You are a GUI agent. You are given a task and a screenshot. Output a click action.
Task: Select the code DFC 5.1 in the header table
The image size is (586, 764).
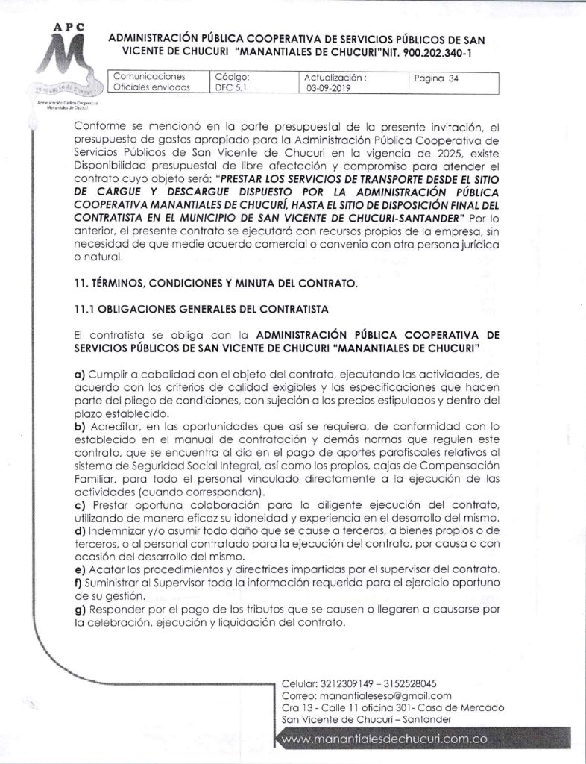[228, 87]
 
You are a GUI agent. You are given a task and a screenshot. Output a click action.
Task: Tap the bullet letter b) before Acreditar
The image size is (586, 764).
[80, 425]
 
